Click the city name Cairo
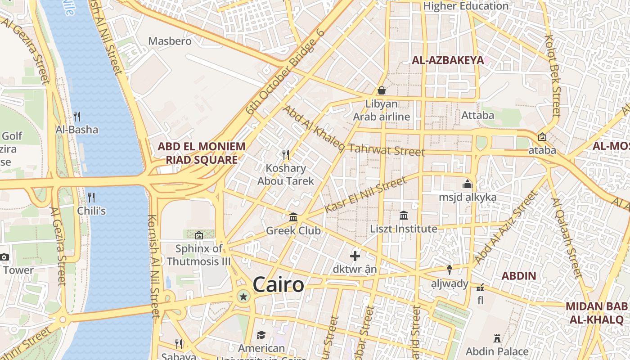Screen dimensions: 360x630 click(278, 285)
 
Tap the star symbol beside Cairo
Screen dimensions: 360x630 click(243, 297)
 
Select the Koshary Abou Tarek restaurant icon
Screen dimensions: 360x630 click(285, 155)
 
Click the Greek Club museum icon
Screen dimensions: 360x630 click(293, 217)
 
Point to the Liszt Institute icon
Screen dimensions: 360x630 click(403, 216)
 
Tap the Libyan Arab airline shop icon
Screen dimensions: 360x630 click(382, 90)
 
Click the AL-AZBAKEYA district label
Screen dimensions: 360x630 click(448, 60)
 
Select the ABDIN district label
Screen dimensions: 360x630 click(518, 276)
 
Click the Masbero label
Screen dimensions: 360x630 click(170, 41)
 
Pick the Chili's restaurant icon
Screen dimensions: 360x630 click(91, 197)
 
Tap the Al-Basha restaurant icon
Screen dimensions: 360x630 click(77, 117)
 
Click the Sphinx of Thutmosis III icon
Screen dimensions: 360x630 click(198, 235)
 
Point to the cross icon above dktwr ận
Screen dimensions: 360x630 click(355, 256)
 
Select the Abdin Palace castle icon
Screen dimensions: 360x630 click(497, 338)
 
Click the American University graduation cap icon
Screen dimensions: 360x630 click(261, 335)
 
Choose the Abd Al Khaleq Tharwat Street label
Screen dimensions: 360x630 click(353, 131)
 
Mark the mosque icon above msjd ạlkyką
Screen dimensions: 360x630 click(468, 184)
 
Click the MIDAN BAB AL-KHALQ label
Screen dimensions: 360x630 click(596, 313)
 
